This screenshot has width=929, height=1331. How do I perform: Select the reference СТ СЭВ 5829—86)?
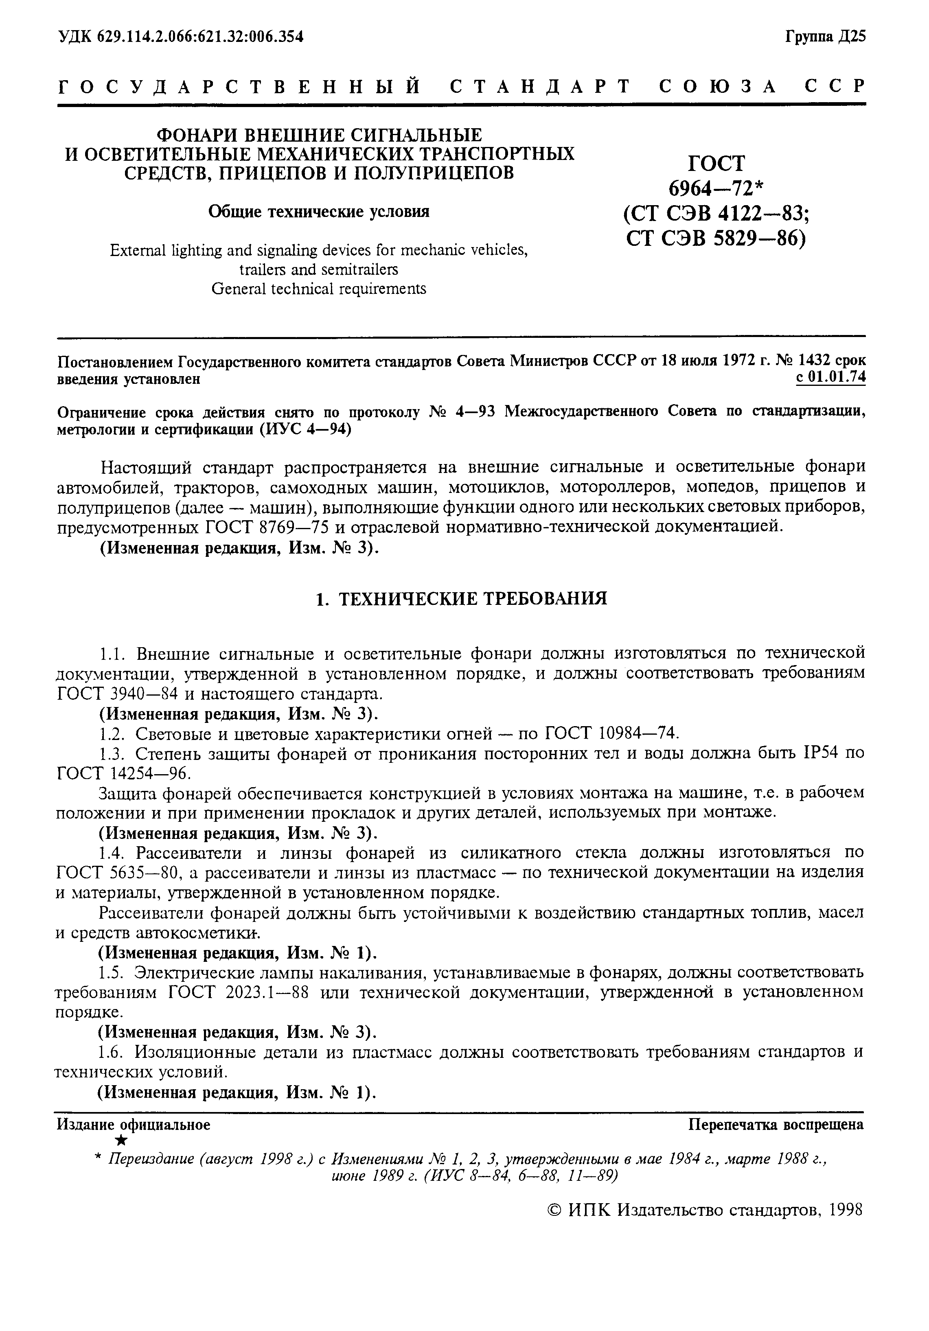(716, 238)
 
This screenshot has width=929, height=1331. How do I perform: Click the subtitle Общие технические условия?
(319, 212)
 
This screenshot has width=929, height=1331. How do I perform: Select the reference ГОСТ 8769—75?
(267, 528)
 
